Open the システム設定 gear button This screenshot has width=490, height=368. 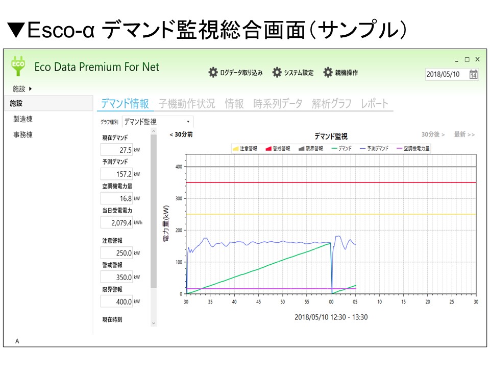point(292,73)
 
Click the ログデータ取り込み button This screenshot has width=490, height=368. point(235,73)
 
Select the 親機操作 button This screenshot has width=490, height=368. point(340,73)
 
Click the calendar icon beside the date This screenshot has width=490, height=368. point(474,74)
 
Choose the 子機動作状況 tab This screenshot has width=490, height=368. point(187,103)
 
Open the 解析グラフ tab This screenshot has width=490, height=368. point(331,103)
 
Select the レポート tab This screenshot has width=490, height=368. point(374,103)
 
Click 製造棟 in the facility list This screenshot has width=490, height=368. point(23,119)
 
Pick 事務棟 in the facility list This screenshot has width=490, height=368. point(23,135)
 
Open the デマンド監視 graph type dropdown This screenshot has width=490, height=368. point(158,122)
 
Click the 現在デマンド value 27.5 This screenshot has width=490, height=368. point(116,150)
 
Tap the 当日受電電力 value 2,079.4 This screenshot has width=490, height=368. point(116,223)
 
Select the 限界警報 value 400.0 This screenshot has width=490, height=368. point(116,302)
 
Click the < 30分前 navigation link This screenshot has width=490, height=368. point(181,134)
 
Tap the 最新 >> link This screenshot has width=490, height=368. point(464,134)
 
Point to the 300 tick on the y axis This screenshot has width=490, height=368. point(179,198)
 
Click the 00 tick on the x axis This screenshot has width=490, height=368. point(331,302)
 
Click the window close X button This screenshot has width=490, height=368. point(477,59)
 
